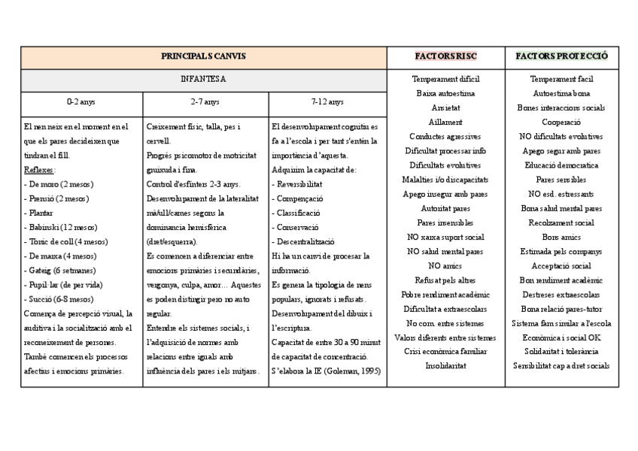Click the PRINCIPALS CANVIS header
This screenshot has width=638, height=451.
pos(203,56)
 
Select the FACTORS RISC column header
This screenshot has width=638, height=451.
pos(445,56)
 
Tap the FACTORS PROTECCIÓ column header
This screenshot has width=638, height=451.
pos(561,56)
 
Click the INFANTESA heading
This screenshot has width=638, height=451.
pos(203,78)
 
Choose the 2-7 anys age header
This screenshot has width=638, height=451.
pos(205,101)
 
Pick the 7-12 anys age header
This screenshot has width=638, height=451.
pos(327,101)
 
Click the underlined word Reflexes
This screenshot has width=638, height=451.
pos(38,170)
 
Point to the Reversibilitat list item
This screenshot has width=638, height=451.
pos(300,184)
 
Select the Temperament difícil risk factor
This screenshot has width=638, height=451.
pos(445,79)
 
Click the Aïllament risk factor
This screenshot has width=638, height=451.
pos(445,122)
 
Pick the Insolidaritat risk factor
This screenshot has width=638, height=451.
pos(445,366)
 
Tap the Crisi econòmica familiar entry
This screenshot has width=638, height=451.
pos(445,351)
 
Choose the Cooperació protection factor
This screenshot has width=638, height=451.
pos(561,122)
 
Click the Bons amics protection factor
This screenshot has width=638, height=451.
pos(561,237)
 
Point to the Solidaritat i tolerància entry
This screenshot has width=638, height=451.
pos(561,351)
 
